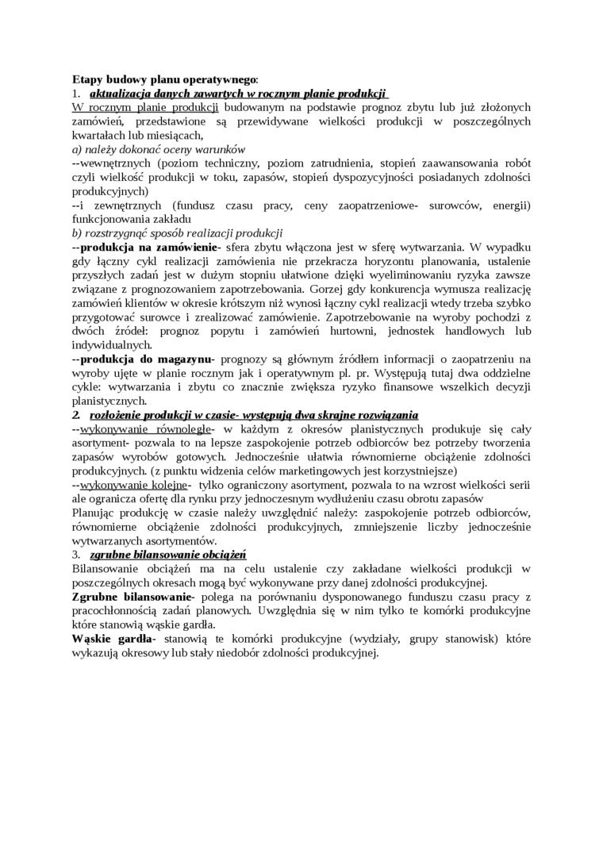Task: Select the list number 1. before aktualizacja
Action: [x=76, y=93]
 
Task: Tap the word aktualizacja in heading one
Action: [x=121, y=93]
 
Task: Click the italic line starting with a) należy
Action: [x=159, y=148]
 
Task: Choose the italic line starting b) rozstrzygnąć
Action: [x=177, y=232]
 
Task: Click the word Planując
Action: [x=94, y=513]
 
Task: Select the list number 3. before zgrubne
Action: [x=76, y=554]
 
